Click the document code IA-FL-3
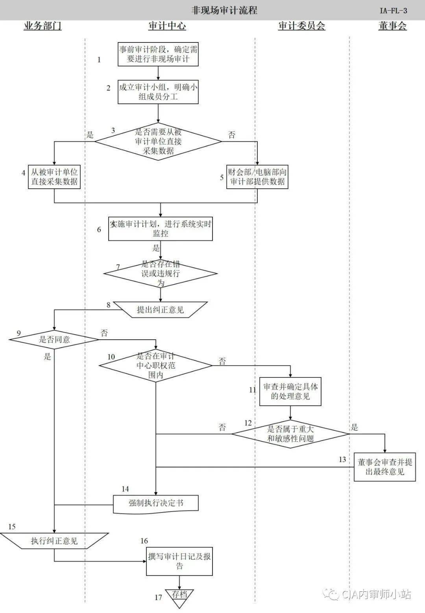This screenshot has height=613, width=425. click(x=393, y=11)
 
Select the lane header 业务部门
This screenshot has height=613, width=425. click(x=42, y=26)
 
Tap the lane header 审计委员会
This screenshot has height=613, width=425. click(x=301, y=26)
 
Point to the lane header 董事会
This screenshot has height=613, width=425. click(x=392, y=26)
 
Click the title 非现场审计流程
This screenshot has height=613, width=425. click(x=224, y=10)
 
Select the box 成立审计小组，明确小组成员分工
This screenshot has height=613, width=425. click(x=158, y=92)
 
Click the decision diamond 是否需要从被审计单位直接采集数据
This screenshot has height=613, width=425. click(x=158, y=142)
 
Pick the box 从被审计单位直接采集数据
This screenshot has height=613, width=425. click(x=54, y=177)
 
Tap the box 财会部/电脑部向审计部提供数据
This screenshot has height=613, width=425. click(x=257, y=177)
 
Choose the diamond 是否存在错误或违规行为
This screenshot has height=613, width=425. click(x=161, y=273)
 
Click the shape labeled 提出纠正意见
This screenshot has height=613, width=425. click(x=160, y=309)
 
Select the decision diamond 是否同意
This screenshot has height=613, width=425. click(x=54, y=339)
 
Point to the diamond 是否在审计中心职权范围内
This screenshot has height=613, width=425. click(x=156, y=366)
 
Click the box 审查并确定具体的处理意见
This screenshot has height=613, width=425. click(x=290, y=391)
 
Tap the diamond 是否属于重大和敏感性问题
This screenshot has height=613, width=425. click(x=290, y=434)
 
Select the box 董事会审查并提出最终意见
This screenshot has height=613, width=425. click(x=384, y=467)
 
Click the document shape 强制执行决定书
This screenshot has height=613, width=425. click(x=156, y=503)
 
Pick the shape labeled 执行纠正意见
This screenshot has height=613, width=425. click(x=54, y=541)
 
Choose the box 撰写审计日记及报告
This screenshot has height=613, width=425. click(x=179, y=561)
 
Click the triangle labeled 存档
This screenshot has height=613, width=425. click(x=180, y=596)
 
